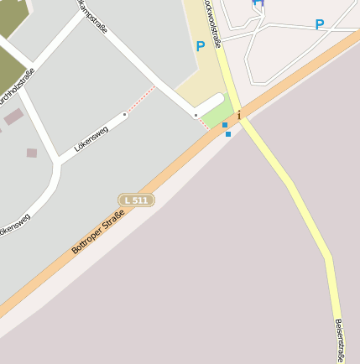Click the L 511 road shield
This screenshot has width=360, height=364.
[136, 200]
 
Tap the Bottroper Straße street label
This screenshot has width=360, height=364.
[97, 232]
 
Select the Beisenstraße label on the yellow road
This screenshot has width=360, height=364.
[340, 339]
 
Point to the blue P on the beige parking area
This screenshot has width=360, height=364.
[201, 47]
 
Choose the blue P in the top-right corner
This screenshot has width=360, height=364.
[320, 25]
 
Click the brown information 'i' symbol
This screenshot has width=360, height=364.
[239, 115]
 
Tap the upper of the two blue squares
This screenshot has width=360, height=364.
[225, 125]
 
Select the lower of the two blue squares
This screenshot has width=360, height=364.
[228, 133]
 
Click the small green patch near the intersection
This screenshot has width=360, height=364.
[217, 112]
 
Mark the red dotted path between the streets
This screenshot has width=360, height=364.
[140, 100]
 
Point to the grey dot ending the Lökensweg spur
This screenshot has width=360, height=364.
[124, 114]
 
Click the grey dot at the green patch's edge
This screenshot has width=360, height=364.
[196, 114]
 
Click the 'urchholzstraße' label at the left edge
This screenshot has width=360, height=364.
[17, 88]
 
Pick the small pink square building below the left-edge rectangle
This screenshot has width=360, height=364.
[32, 153]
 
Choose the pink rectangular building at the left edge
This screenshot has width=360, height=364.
[13, 117]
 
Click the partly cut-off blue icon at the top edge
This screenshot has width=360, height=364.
[258, 3]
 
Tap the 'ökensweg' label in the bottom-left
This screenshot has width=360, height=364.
[15, 225]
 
